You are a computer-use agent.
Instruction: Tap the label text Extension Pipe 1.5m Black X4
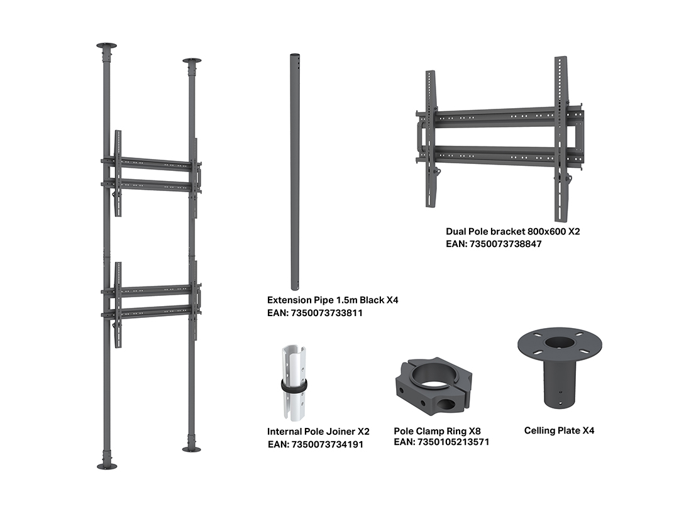click(x=333, y=300)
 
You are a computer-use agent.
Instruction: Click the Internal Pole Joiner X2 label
click(x=318, y=432)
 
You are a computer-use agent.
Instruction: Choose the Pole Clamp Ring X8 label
click(x=438, y=431)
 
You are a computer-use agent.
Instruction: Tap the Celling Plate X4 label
click(x=559, y=430)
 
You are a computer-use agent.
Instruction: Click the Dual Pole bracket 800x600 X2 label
click(x=513, y=231)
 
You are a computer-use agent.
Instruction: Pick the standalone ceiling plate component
click(x=560, y=367)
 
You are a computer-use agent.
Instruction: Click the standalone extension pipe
click(x=294, y=172)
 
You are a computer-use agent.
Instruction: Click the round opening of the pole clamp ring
click(x=433, y=373)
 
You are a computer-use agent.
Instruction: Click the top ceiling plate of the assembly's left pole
click(x=106, y=46)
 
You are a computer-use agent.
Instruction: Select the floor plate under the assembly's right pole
click(x=191, y=449)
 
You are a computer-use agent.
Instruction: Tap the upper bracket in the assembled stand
click(x=152, y=173)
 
